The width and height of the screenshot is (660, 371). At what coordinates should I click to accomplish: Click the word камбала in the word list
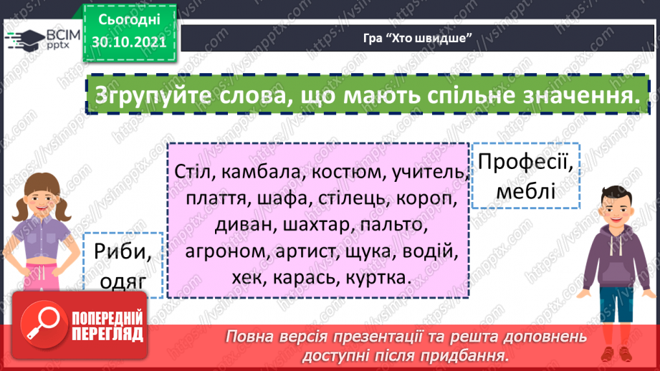(x=253, y=173)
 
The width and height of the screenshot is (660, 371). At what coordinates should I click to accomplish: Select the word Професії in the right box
(x=525, y=163)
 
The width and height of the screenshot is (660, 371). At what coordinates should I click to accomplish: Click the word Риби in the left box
(x=123, y=251)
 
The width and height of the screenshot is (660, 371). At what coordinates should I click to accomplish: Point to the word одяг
(x=123, y=281)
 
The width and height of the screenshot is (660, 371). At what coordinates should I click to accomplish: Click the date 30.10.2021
(x=128, y=41)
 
